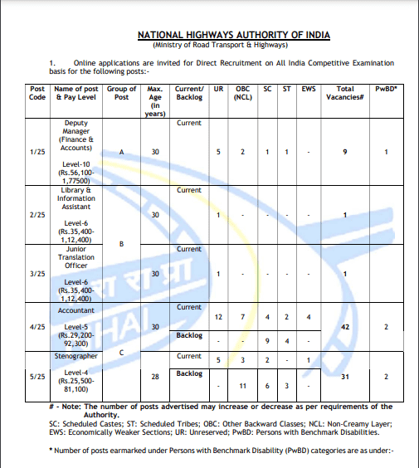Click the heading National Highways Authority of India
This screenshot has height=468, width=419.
(233, 35)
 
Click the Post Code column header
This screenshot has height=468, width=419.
(37, 93)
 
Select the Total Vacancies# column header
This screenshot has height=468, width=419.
(345, 93)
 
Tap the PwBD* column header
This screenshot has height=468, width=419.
(387, 88)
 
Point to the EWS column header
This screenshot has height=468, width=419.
(309, 88)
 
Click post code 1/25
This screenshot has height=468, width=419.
(37, 153)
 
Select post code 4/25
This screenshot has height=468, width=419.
(37, 327)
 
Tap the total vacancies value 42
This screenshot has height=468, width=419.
(344, 327)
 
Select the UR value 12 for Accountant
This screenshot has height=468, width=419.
(218, 317)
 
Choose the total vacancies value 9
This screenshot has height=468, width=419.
(344, 153)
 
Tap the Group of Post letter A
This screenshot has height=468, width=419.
(122, 153)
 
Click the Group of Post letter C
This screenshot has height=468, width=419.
(122, 351)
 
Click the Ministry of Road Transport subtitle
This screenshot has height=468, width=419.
(233, 45)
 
